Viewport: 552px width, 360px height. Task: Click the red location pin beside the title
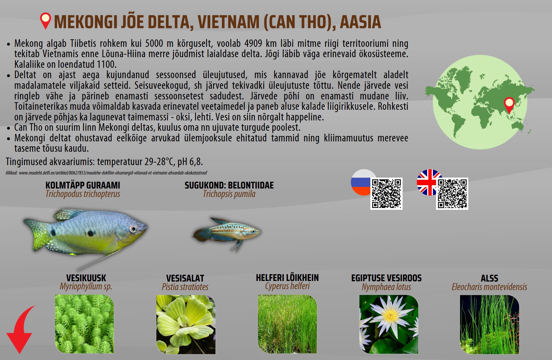[45, 20]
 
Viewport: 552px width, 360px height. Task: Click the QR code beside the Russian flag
[386, 194]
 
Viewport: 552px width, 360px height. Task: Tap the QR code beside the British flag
[452, 194]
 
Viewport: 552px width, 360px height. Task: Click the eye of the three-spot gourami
[133, 229]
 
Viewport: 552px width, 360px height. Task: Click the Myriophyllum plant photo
[84, 324]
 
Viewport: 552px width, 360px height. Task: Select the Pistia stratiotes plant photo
[186, 324]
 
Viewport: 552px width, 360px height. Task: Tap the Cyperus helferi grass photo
[287, 324]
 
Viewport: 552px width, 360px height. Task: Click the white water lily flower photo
[389, 324]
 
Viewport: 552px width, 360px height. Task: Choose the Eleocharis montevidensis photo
[489, 324]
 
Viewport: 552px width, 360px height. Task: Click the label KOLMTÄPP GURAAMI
[83, 185]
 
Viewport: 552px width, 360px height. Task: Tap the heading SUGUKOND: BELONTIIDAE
[229, 185]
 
